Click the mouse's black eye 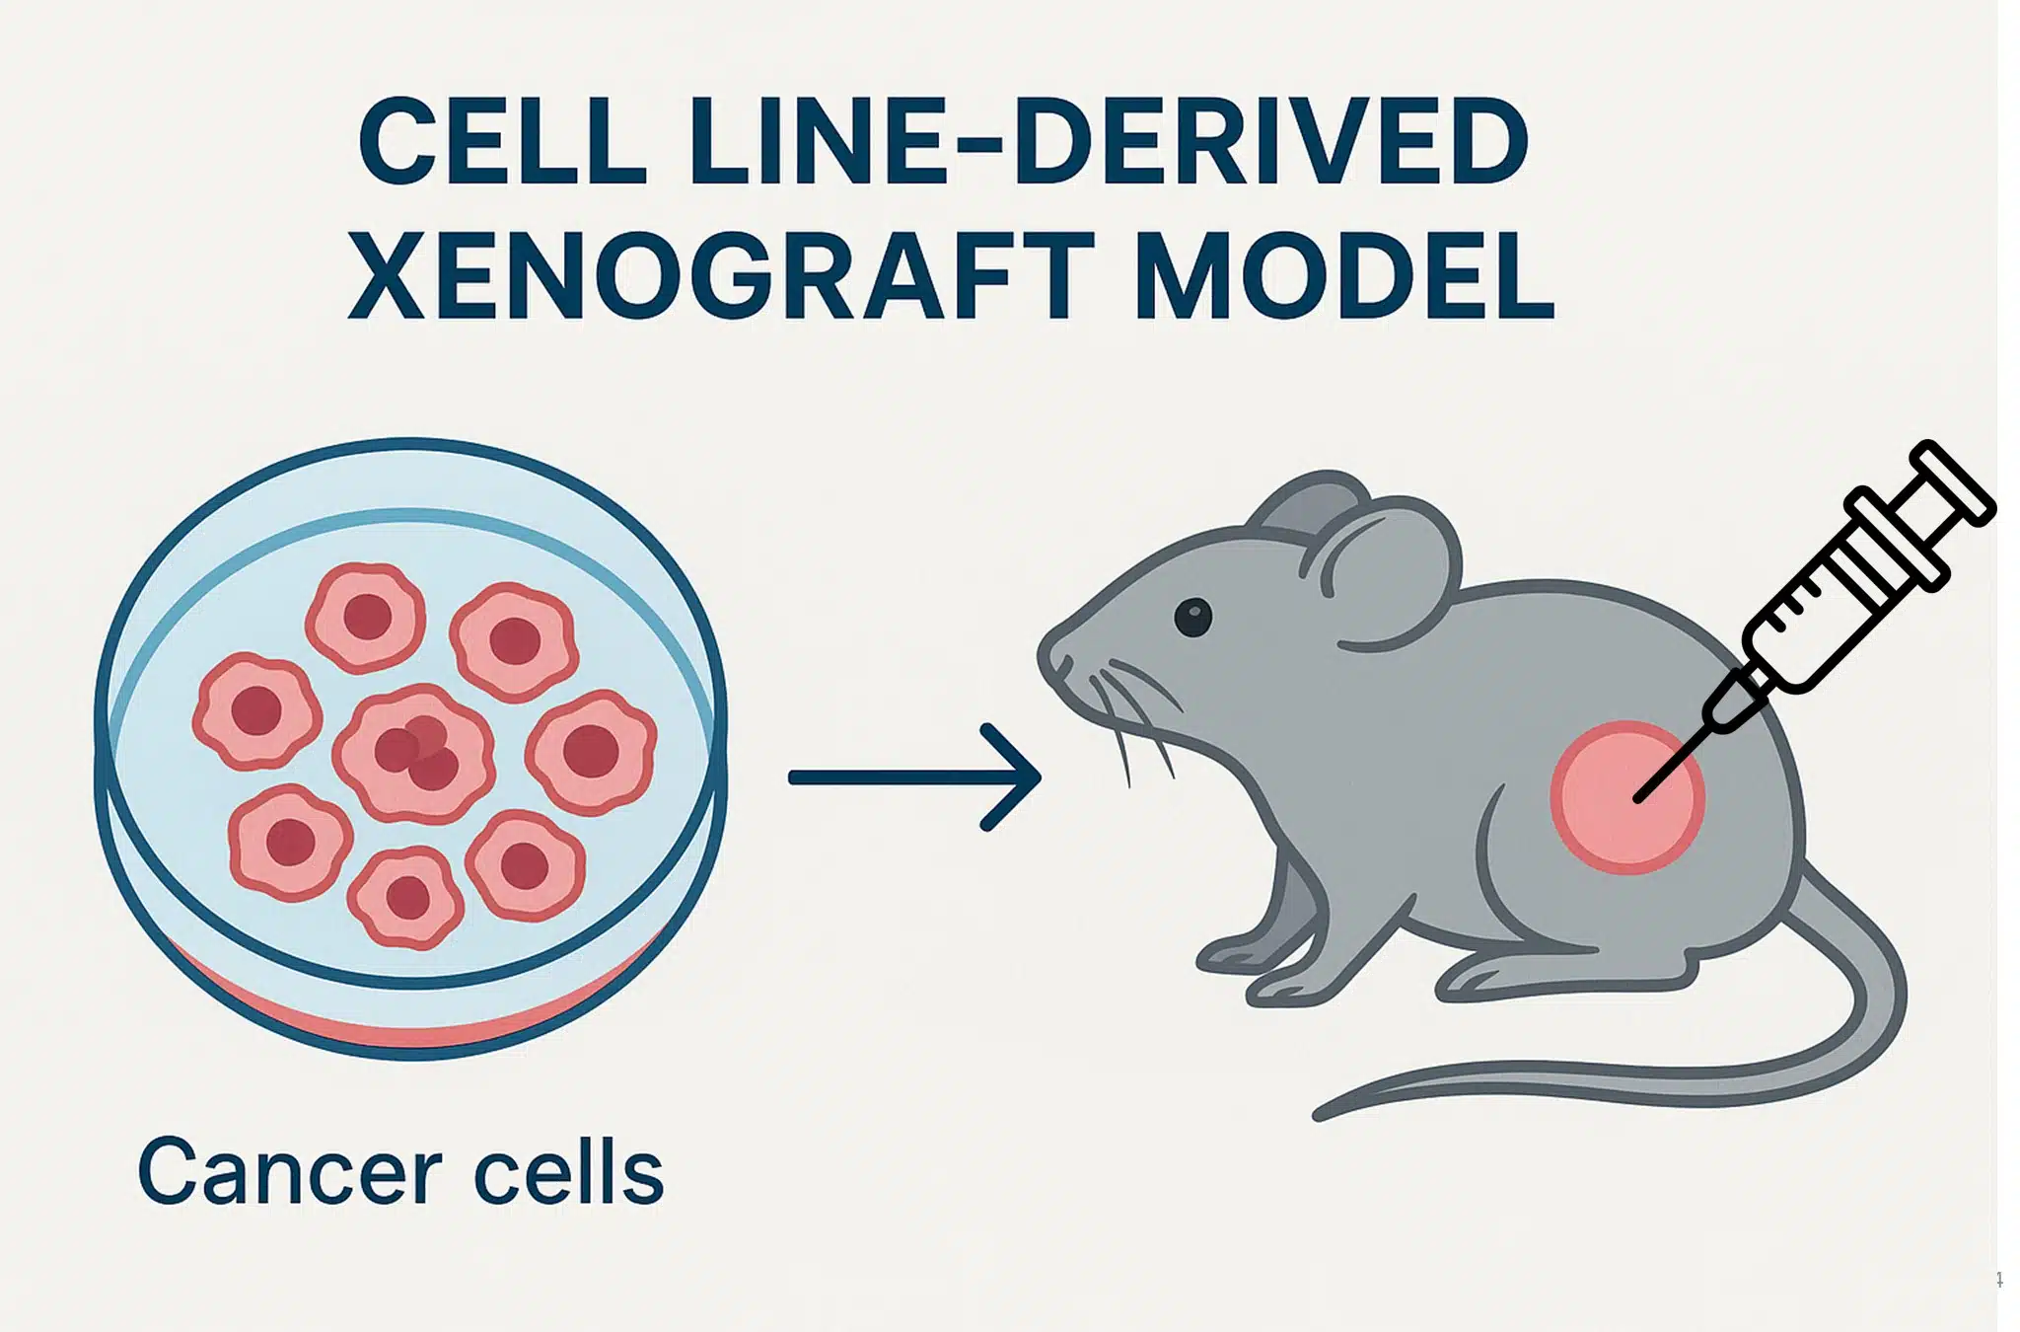[x=1192, y=618]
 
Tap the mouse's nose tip [x=1044, y=659]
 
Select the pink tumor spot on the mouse [x=1627, y=797]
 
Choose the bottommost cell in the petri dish [x=405, y=898]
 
